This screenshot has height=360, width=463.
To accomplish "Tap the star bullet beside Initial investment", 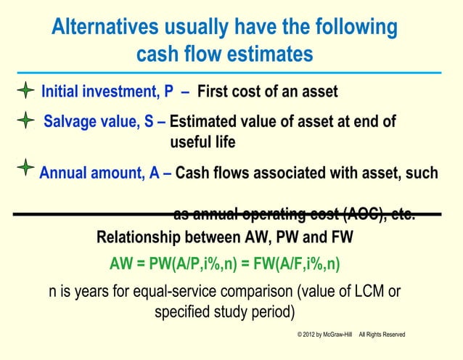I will click(x=25, y=91).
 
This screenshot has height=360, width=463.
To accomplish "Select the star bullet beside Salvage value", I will click(x=26, y=120).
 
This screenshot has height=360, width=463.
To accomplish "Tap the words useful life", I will click(x=202, y=142).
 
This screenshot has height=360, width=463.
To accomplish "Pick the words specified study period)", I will click(x=225, y=313).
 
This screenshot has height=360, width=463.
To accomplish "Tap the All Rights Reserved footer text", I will click(x=382, y=334).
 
